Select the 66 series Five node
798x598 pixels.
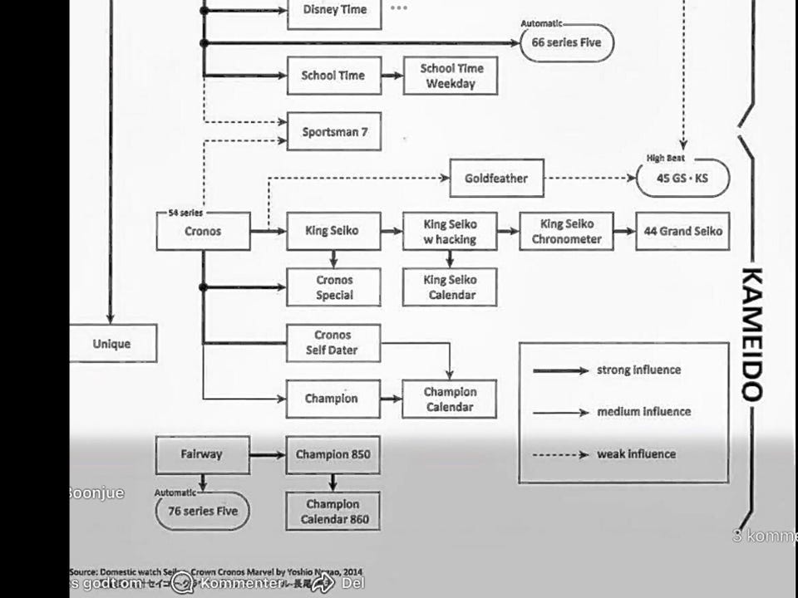point(567,43)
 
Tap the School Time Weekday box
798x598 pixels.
point(451,76)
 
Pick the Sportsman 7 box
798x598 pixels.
point(334,131)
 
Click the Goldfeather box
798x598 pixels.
point(496,179)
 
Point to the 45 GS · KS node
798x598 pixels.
point(682,179)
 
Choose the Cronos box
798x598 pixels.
point(203,231)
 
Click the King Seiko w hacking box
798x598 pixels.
point(450,232)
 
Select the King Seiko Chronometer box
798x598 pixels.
point(566,231)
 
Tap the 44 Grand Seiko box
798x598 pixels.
point(682,231)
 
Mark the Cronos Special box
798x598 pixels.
point(333,287)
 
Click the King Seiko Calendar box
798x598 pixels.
point(450,287)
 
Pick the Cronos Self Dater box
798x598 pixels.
point(333,343)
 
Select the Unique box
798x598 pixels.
point(112,344)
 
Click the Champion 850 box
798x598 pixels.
point(333,455)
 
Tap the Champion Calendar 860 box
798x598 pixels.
point(333,512)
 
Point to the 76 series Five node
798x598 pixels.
point(203,512)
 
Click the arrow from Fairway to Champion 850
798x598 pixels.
point(268,455)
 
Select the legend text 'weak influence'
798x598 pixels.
point(636,454)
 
